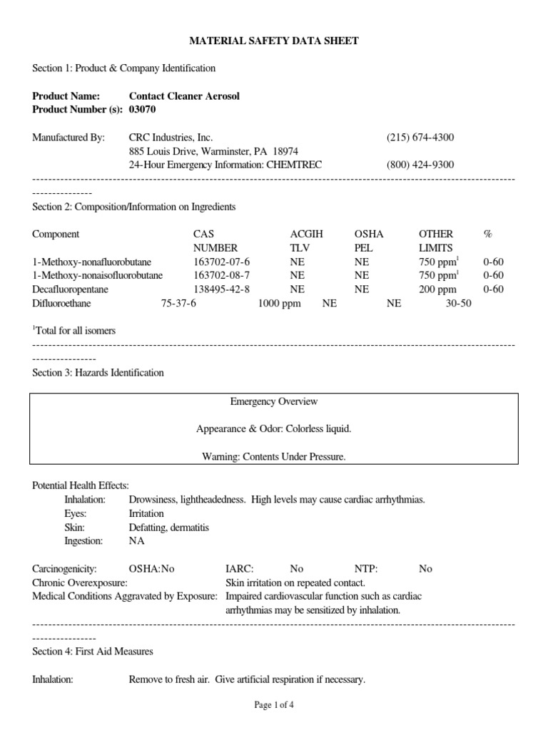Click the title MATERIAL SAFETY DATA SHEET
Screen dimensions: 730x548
coord(273,41)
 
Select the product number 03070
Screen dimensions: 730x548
coord(142,110)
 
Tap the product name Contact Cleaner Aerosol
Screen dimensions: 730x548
coord(184,96)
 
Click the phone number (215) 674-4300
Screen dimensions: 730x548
coord(420,137)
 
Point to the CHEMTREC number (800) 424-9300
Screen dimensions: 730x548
coord(420,165)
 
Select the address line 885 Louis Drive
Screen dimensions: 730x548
coord(213,151)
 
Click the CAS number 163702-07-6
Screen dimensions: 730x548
coord(222,262)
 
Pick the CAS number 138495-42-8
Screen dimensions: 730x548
coord(222,289)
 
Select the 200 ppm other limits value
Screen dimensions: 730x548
coord(437,289)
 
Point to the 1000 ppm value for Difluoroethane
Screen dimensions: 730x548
coord(279,303)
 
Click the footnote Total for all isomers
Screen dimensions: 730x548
coord(76,331)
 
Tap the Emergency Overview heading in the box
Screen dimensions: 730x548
coord(273,402)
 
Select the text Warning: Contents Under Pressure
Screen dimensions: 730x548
coord(273,457)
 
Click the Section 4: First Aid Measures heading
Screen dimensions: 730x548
coord(93,652)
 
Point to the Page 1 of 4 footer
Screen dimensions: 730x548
coord(274,705)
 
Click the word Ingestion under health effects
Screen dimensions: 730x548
coord(83,541)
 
